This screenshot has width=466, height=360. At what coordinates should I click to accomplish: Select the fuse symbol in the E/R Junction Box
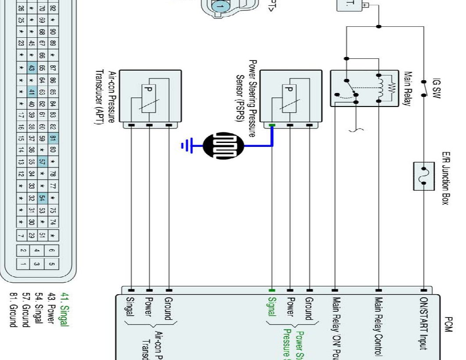point(424,176)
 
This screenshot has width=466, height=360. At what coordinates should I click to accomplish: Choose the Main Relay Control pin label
point(378,326)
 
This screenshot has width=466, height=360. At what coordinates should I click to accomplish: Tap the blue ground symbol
point(187,145)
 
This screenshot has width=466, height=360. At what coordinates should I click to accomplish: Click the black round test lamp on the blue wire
point(224,146)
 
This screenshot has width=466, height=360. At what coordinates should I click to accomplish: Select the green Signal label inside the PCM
point(272,307)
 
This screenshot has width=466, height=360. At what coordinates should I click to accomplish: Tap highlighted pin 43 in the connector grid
point(31,68)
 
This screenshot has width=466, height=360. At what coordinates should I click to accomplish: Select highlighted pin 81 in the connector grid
point(53,139)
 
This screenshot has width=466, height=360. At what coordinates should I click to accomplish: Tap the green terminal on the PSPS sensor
point(272,126)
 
